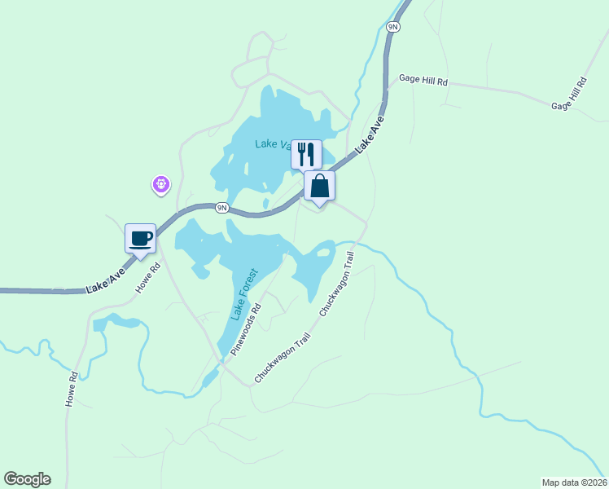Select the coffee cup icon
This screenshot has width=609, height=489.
(140, 238)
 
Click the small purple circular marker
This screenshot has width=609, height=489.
(161, 185)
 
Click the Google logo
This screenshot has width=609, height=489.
(27, 479)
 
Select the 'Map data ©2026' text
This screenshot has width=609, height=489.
(574, 482)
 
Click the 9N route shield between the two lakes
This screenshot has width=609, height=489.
(221, 208)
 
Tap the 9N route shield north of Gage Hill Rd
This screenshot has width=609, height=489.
(393, 27)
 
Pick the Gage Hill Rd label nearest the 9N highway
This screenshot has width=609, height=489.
(423, 81)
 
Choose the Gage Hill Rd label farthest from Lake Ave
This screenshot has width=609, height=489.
(569, 95)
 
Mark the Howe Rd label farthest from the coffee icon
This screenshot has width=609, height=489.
(72, 390)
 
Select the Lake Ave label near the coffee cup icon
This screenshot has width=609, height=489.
(107, 279)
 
